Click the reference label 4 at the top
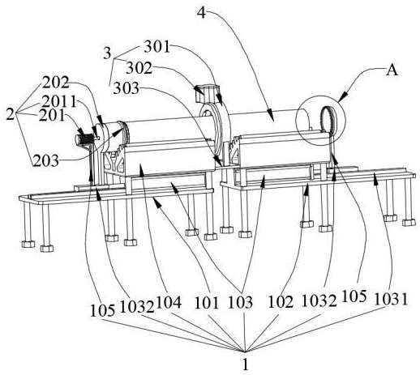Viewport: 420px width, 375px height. click(202, 12)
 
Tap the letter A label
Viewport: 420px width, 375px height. click(392, 70)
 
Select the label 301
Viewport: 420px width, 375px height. click(157, 47)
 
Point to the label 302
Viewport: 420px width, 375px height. click(139, 68)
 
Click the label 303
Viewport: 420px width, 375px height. click(126, 88)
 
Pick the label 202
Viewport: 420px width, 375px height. click(56, 83)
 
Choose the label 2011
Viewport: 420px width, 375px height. click(59, 102)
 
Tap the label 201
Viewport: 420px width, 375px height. click(52, 116)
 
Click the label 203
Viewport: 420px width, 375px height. click(46, 161)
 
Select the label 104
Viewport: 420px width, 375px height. click(169, 302)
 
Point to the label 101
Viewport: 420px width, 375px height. click(207, 302)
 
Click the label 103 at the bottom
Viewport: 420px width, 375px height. click(241, 302)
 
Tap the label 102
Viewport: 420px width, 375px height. click(281, 301)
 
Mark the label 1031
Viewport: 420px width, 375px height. click(391, 300)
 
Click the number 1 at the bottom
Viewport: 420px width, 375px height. click(245, 365)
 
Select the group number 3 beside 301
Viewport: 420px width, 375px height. click(107, 53)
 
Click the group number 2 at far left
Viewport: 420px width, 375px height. click(11, 114)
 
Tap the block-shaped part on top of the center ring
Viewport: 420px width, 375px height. click(207, 93)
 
